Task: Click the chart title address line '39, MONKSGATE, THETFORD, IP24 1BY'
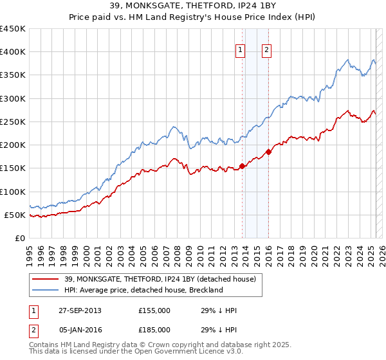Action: point(193,7)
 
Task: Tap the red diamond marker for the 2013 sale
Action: point(243,166)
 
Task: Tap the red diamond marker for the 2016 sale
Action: point(268,152)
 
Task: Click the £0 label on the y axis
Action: point(21,238)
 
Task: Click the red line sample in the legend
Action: point(46,278)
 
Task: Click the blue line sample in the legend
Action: point(46,290)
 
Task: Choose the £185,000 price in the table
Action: point(154,330)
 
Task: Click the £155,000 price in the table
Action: point(154,310)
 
